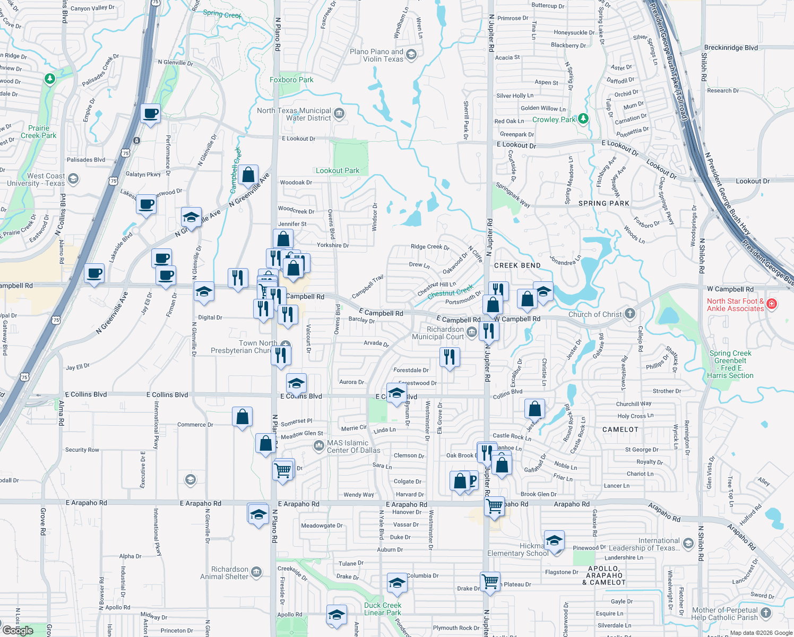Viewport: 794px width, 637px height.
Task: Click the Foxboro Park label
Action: click(291, 80)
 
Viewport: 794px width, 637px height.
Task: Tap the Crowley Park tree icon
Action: click(583, 118)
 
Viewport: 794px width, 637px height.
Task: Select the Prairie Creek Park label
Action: click(39, 132)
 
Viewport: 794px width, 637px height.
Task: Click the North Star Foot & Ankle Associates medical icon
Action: click(772, 304)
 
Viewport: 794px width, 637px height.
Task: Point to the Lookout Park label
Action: click(338, 171)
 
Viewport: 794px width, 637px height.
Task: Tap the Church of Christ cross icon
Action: click(630, 313)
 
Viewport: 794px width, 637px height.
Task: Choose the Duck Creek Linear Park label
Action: click(383, 609)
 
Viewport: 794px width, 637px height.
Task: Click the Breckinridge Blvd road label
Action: click(731, 48)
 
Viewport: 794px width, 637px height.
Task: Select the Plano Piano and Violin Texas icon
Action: click(411, 55)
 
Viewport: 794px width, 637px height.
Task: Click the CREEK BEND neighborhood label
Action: click(517, 265)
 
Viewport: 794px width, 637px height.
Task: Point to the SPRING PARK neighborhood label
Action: click(603, 203)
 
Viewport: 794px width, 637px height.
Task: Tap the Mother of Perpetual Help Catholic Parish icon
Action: click(766, 613)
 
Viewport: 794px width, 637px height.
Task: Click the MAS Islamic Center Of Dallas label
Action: click(353, 446)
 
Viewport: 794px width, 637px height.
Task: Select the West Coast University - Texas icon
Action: click(73, 179)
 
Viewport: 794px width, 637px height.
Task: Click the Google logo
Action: click(18, 631)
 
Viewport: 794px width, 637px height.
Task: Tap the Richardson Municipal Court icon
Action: click(472, 332)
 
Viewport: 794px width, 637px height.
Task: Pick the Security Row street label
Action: click(82, 450)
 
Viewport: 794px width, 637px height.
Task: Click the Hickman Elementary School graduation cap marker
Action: click(554, 541)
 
